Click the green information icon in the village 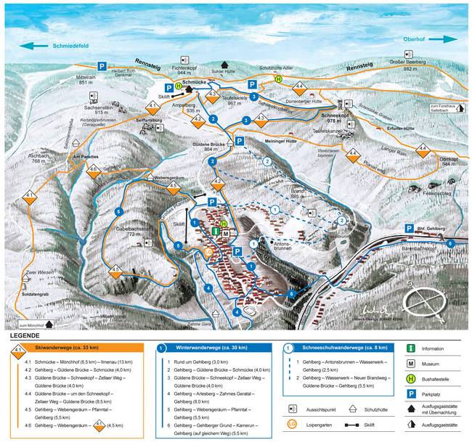(x=216, y=230)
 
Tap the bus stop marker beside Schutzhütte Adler (x=278, y=78)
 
